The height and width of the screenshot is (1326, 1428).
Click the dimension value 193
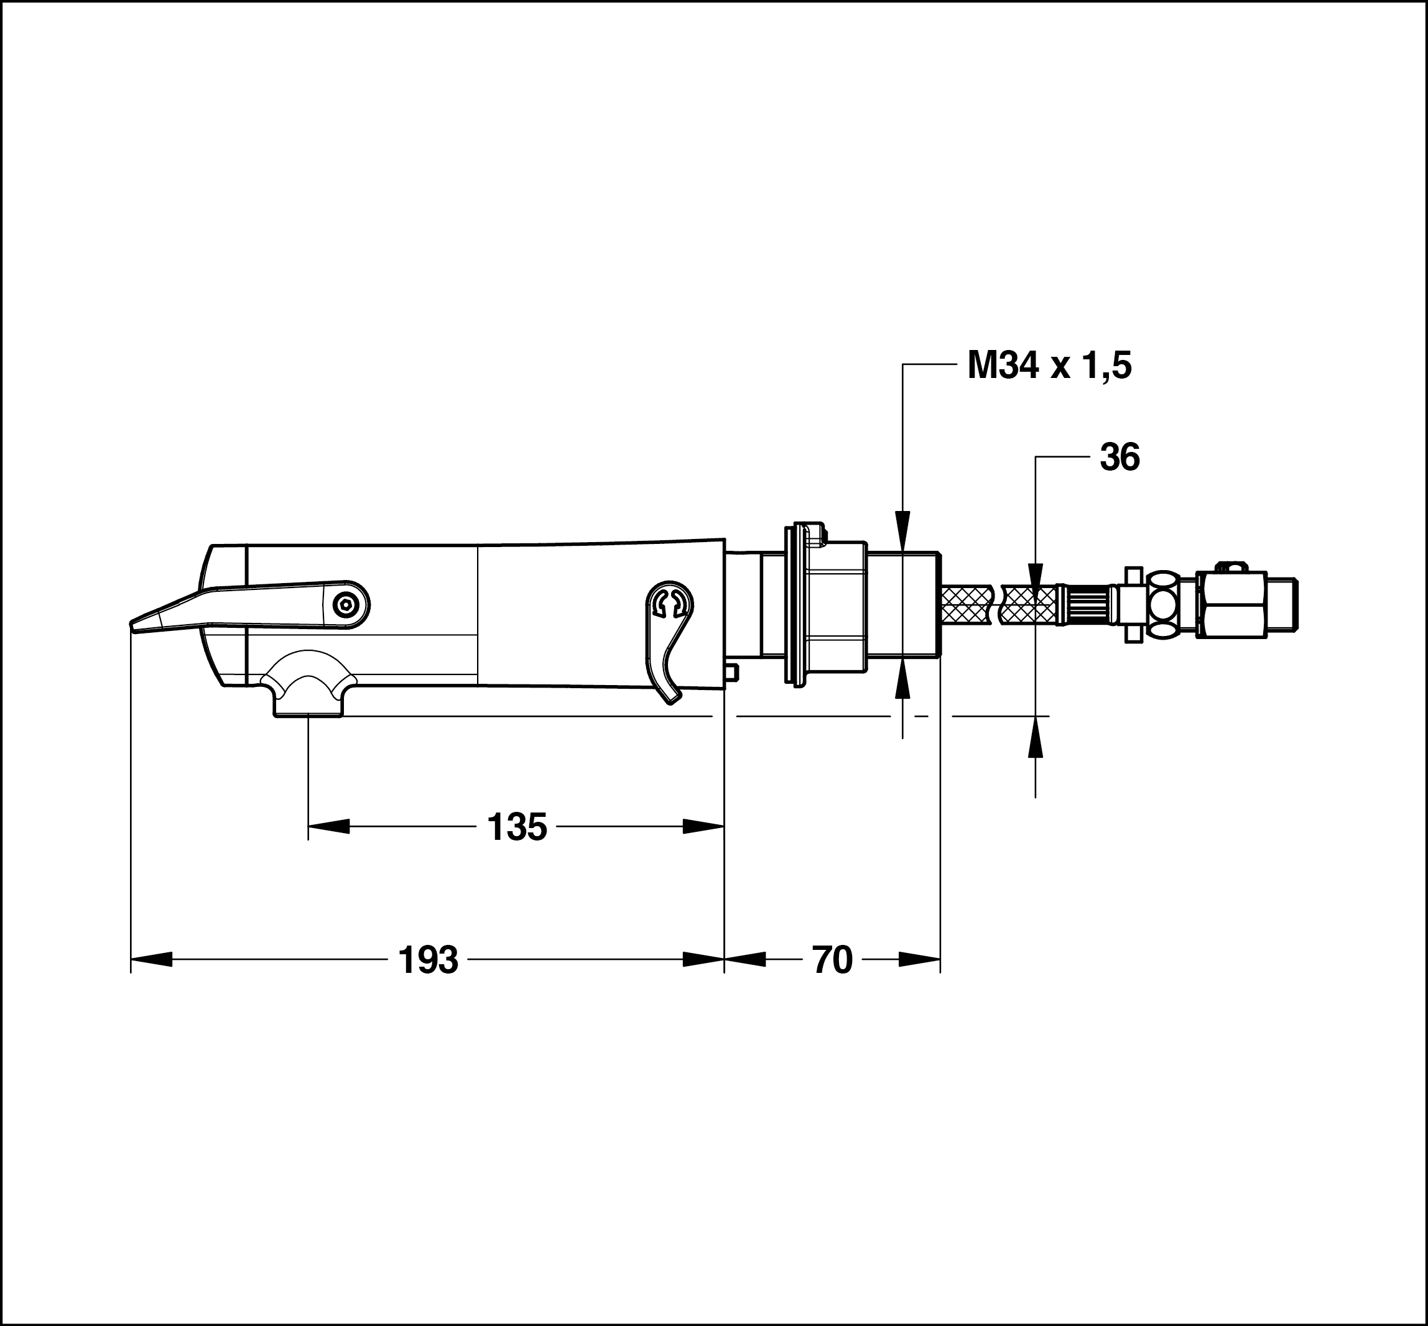tap(428, 960)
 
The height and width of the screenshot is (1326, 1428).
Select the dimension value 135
tap(517, 827)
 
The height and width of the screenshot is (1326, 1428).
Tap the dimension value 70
tap(832, 960)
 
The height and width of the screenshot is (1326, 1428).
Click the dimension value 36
tap(1120, 457)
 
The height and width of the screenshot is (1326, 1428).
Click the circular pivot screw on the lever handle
tap(347, 605)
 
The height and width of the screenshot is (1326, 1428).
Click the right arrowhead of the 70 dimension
tap(919, 960)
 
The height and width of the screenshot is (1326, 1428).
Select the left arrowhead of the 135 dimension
tap(329, 827)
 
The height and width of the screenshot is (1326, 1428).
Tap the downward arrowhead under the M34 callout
tap(903, 532)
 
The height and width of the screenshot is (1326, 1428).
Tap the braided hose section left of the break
tap(967, 604)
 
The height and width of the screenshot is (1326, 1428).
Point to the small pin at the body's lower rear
tap(731, 671)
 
